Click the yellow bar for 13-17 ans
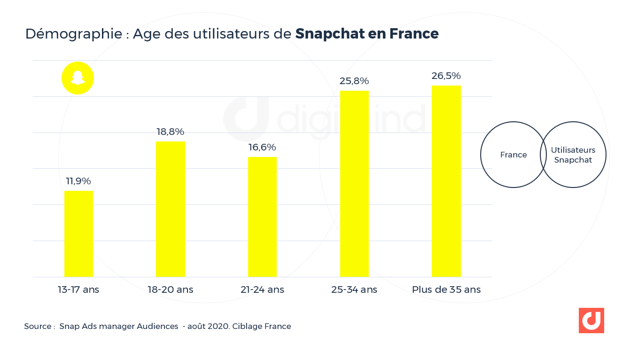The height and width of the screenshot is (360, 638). click(78, 234)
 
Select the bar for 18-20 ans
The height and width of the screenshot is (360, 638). click(170, 209)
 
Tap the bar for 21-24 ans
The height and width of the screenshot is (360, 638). click(262, 217)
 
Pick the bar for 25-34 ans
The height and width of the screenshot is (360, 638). click(354, 184)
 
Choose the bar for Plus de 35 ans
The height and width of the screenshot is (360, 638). click(446, 181)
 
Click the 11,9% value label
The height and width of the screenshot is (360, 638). click(78, 181)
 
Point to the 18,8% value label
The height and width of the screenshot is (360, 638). click(170, 132)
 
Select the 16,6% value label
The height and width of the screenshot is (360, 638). click(262, 147)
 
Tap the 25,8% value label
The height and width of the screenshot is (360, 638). click(354, 81)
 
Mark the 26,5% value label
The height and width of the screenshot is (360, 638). click(446, 76)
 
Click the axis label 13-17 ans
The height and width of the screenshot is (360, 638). click(78, 290)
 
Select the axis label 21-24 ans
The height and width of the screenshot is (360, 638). click(262, 290)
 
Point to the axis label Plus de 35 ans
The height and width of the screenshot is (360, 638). click(446, 290)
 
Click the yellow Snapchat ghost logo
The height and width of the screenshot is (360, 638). click(78, 78)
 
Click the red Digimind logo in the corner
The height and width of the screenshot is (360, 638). click(591, 321)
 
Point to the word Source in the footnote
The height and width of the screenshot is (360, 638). click(38, 326)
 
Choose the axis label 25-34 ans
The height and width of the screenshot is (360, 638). click(354, 290)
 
